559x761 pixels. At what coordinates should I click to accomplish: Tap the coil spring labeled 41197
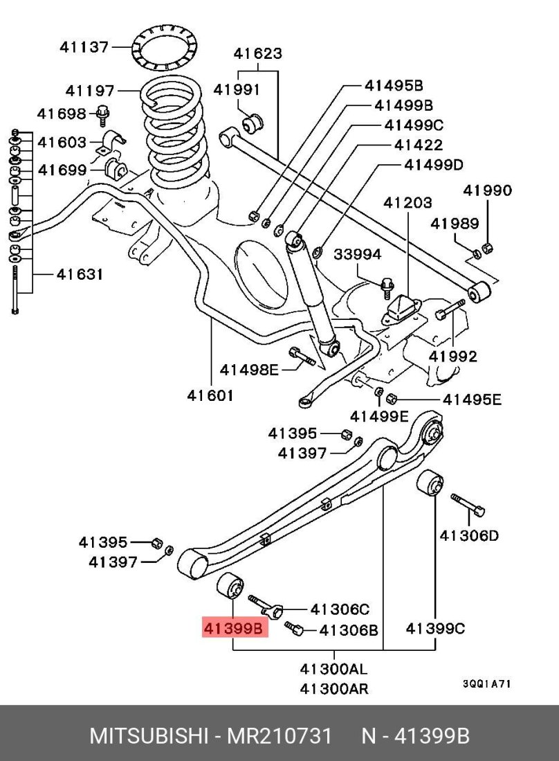tap(174, 132)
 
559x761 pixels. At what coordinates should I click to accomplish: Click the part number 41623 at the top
tap(257, 53)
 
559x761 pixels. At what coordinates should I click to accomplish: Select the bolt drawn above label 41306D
tap(468, 504)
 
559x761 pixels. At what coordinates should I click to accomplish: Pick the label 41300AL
tap(333, 670)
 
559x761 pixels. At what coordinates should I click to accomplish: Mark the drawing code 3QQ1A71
tap(486, 683)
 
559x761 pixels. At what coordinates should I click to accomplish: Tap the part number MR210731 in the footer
tap(280, 735)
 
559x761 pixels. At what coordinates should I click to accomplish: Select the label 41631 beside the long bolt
tap(80, 274)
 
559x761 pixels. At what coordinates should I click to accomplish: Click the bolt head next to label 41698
tap(103, 113)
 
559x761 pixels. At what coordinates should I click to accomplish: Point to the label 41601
tap(210, 395)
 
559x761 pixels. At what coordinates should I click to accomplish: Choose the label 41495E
tap(472, 400)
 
